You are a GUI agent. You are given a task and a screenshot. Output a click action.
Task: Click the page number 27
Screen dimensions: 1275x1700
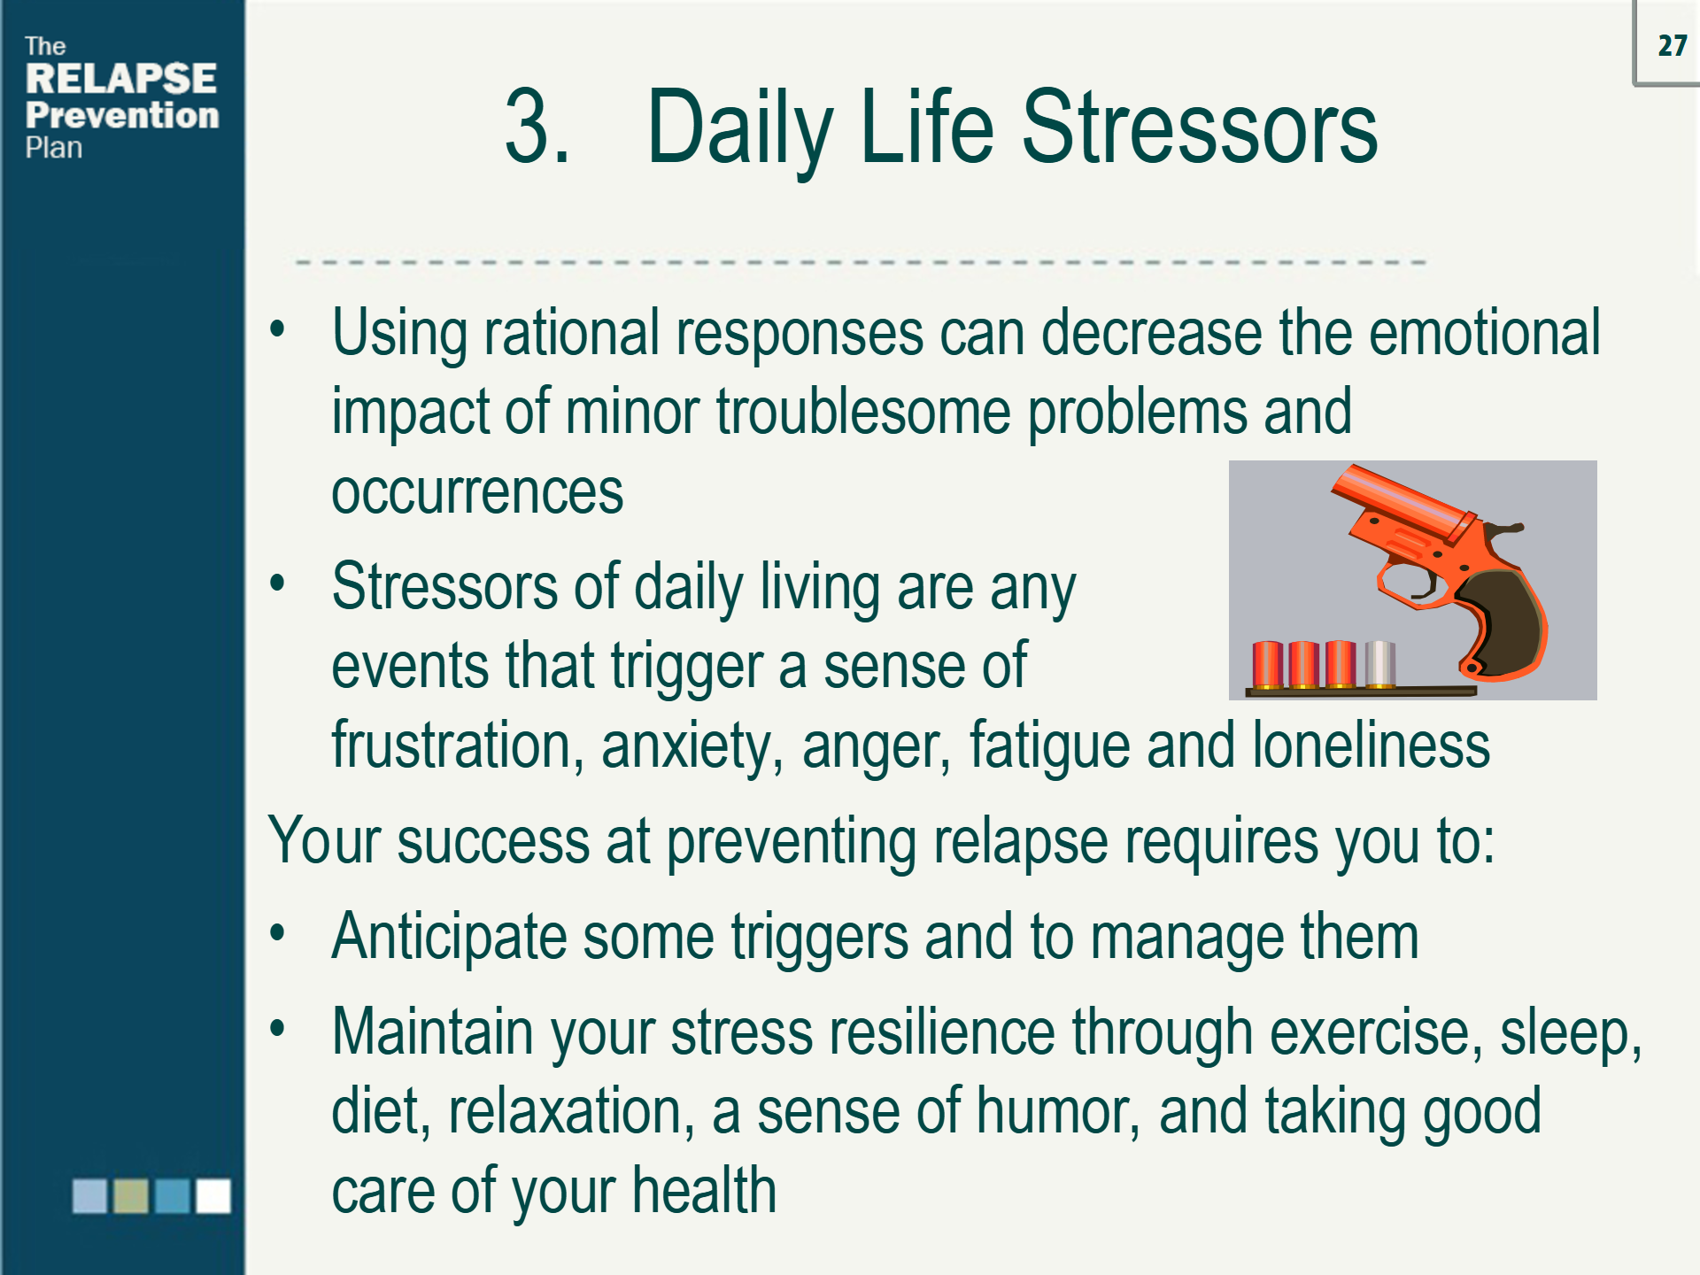pos(1672,46)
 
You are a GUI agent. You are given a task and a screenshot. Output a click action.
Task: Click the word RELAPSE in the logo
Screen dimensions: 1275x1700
pos(120,79)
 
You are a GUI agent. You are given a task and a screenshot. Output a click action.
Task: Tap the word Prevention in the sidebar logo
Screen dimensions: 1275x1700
pos(122,115)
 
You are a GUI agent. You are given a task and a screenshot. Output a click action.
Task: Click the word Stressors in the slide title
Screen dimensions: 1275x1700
pos(1200,128)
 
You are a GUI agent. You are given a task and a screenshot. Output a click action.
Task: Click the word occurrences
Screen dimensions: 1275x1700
pos(477,492)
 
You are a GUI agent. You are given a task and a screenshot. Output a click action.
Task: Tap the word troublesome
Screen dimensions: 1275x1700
pos(863,413)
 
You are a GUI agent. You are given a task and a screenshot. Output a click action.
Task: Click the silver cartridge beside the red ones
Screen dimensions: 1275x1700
pos(1379,664)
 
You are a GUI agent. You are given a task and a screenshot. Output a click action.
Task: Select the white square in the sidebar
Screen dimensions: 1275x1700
pos(213,1195)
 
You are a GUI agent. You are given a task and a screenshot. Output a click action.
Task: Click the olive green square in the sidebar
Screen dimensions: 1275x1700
pos(131,1195)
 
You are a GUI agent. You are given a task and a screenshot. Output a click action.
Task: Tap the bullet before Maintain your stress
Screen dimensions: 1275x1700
pos(278,1029)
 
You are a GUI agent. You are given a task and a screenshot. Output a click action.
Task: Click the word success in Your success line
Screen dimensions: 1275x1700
pos(493,841)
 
